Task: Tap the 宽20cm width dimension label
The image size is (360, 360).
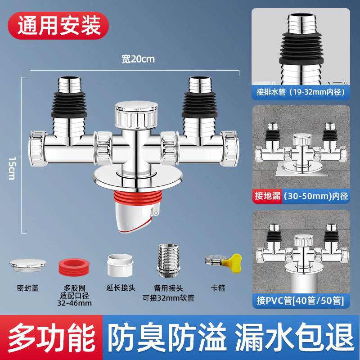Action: pyautogui.click(x=138, y=59)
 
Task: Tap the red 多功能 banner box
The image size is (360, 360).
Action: pyautogui.click(x=52, y=336)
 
